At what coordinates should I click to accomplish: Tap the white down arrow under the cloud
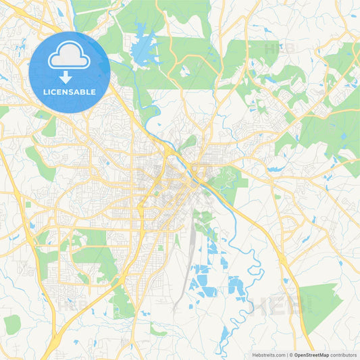coord(70,78)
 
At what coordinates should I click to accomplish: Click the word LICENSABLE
coord(70,91)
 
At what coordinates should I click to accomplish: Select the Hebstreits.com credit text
coord(267,355)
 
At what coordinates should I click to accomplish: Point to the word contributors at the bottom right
coord(344,355)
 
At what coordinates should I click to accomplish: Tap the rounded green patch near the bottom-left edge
coord(11,324)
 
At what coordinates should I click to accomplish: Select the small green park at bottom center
coord(158,332)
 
